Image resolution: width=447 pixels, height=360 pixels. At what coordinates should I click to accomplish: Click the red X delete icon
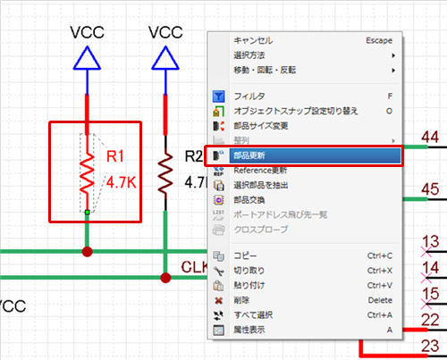[218, 300]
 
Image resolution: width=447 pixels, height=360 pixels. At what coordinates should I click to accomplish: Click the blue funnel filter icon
[218, 96]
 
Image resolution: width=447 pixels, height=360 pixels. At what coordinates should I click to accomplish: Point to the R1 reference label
[115, 156]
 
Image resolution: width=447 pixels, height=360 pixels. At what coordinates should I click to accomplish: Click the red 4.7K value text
[122, 182]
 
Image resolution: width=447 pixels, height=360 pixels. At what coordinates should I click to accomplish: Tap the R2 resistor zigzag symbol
[165, 174]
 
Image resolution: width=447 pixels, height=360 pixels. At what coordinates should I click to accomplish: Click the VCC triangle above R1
[87, 58]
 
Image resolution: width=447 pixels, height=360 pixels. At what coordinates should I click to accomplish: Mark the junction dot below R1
[87, 252]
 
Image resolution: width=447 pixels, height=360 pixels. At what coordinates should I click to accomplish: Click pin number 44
[430, 138]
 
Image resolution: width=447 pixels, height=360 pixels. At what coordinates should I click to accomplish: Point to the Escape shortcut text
[379, 40]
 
